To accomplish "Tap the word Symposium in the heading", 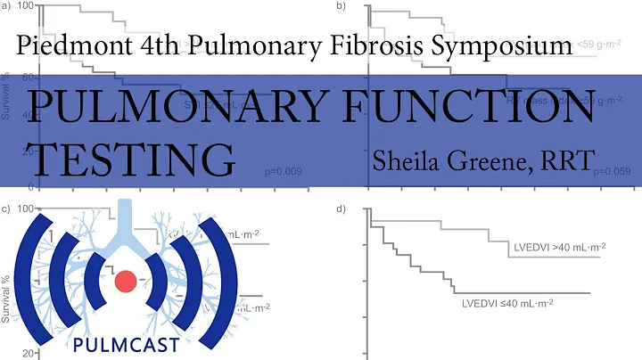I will pyautogui.click(x=499, y=45).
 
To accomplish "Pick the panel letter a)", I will pyautogui.click(x=6, y=6).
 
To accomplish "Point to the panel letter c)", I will pyautogui.click(x=6, y=209).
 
